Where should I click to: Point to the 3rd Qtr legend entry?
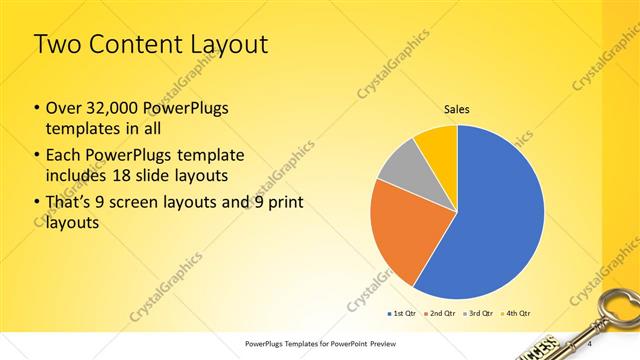[x=478, y=312]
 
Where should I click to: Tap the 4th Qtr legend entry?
[x=515, y=312]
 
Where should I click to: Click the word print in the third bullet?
[x=284, y=204]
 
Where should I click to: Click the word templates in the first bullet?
[x=81, y=130]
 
